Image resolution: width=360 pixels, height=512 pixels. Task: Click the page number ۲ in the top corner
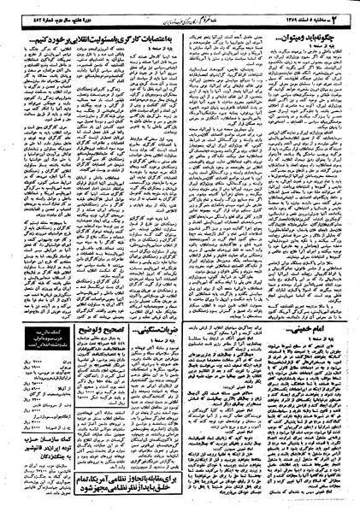click(350, 9)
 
